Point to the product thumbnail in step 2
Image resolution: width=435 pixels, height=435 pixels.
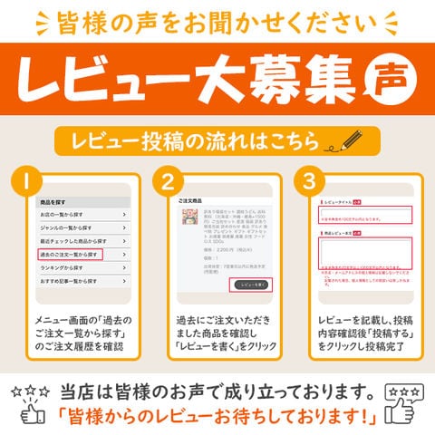coord(190,219)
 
